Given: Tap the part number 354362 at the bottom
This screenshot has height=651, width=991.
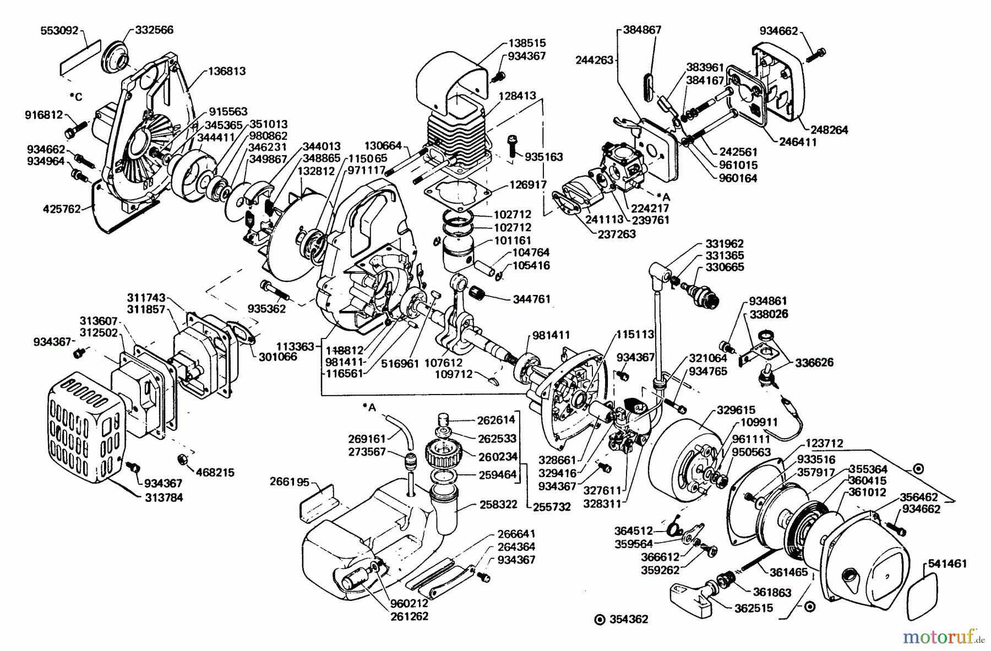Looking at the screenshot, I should pos(629,619).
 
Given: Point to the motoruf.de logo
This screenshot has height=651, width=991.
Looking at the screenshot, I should pos(943,637).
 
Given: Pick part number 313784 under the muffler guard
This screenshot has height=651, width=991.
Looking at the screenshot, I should pos(165,498).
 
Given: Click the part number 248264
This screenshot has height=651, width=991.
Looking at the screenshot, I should pos(829,130).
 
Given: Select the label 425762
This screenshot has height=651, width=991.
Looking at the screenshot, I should pos(61,209).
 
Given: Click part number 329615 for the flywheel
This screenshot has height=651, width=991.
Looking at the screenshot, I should pos(736,410).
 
